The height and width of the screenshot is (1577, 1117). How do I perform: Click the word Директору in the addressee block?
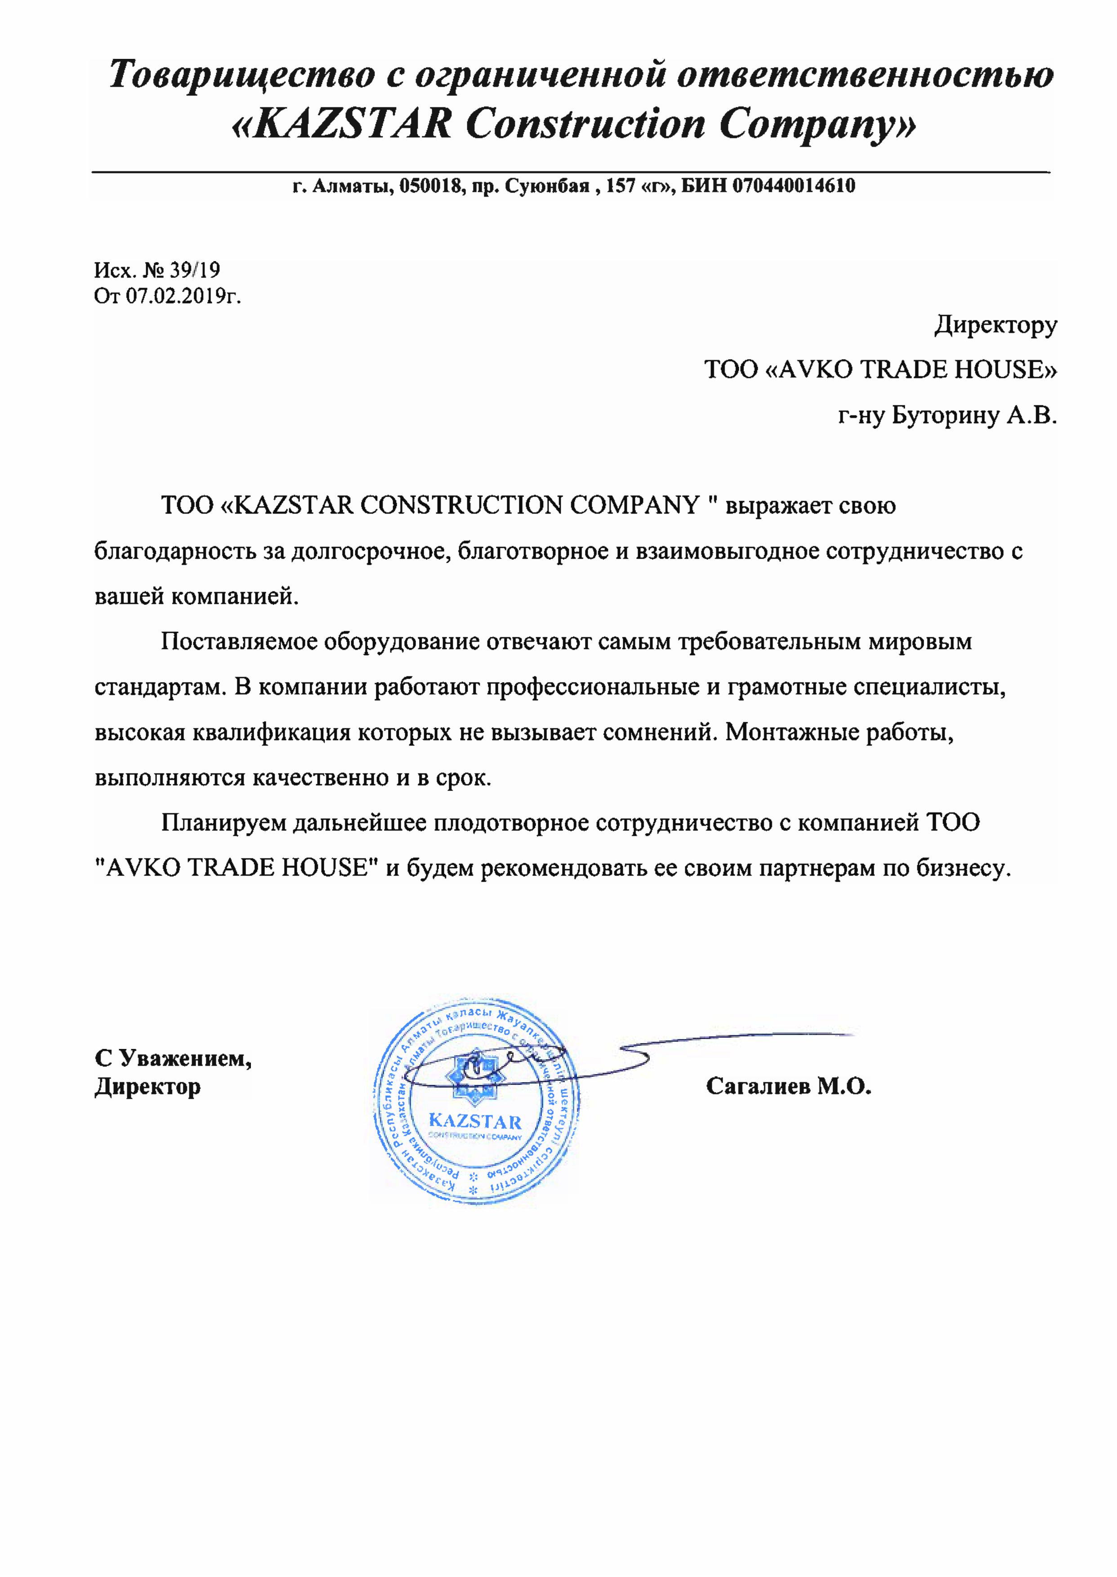click(995, 325)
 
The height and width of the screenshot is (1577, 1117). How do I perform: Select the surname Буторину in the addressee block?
click(946, 416)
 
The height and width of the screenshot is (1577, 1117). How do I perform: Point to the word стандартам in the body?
click(160, 688)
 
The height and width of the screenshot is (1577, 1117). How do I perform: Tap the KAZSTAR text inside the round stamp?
click(474, 1122)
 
